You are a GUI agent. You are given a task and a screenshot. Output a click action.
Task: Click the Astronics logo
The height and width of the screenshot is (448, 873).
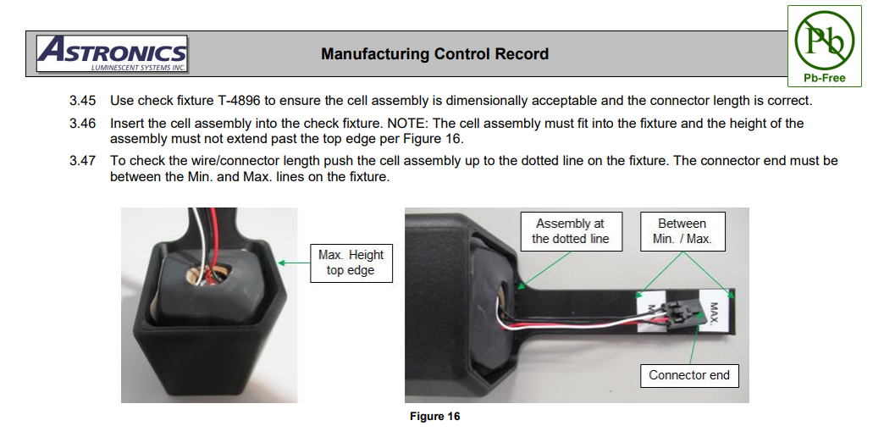click(x=112, y=53)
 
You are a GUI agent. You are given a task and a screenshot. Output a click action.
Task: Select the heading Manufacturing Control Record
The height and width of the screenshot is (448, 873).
click(x=434, y=54)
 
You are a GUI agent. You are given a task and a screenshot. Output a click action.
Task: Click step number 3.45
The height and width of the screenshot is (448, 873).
click(x=83, y=101)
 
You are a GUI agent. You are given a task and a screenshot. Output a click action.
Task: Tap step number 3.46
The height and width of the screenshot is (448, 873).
click(x=83, y=124)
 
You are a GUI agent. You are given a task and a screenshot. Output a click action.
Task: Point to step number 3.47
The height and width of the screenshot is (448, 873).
click(x=83, y=161)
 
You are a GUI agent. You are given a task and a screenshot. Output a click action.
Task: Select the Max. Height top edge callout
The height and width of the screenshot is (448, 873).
click(x=351, y=263)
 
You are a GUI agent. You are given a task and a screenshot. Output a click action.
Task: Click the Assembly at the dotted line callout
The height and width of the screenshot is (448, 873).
click(x=570, y=231)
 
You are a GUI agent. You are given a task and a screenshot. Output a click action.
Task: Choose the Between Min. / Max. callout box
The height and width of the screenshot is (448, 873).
click(x=682, y=231)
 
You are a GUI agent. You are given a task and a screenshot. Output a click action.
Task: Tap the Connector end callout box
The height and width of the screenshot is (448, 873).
click(x=688, y=375)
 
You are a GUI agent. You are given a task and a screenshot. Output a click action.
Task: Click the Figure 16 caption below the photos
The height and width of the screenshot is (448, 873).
click(x=434, y=417)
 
